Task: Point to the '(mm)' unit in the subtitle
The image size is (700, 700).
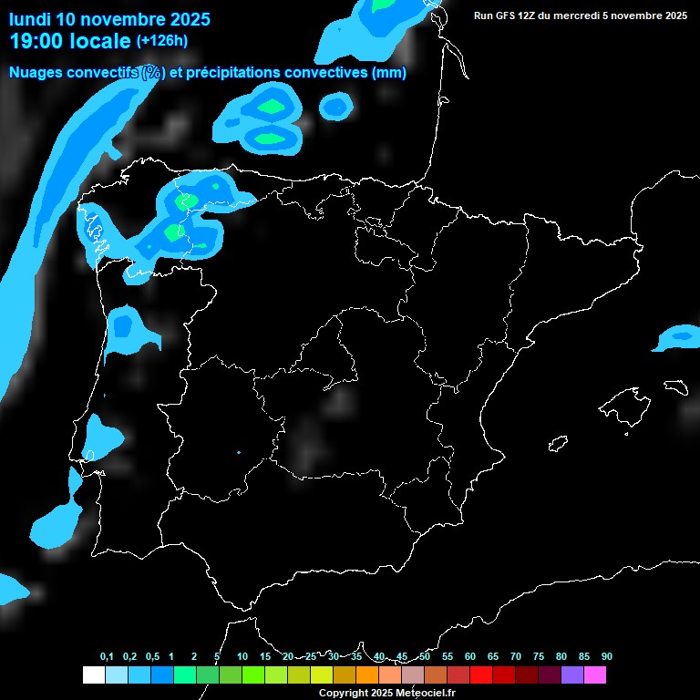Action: coord(389,73)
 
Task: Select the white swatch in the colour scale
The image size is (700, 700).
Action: coord(93,675)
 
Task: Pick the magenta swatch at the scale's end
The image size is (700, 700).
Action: coord(594,675)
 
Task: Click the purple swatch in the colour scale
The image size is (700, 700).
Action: coord(571,675)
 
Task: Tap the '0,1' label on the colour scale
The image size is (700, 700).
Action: coord(107,657)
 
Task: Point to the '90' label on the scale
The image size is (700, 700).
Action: coord(606,657)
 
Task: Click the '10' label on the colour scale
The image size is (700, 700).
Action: coord(242,657)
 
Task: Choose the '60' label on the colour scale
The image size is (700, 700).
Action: coord(470,657)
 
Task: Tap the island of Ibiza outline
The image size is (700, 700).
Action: coord(558,445)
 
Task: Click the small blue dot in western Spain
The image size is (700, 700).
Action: coord(239,452)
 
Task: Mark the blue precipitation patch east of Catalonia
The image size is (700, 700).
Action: coord(677,337)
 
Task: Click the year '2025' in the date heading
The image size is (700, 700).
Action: coord(185,19)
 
